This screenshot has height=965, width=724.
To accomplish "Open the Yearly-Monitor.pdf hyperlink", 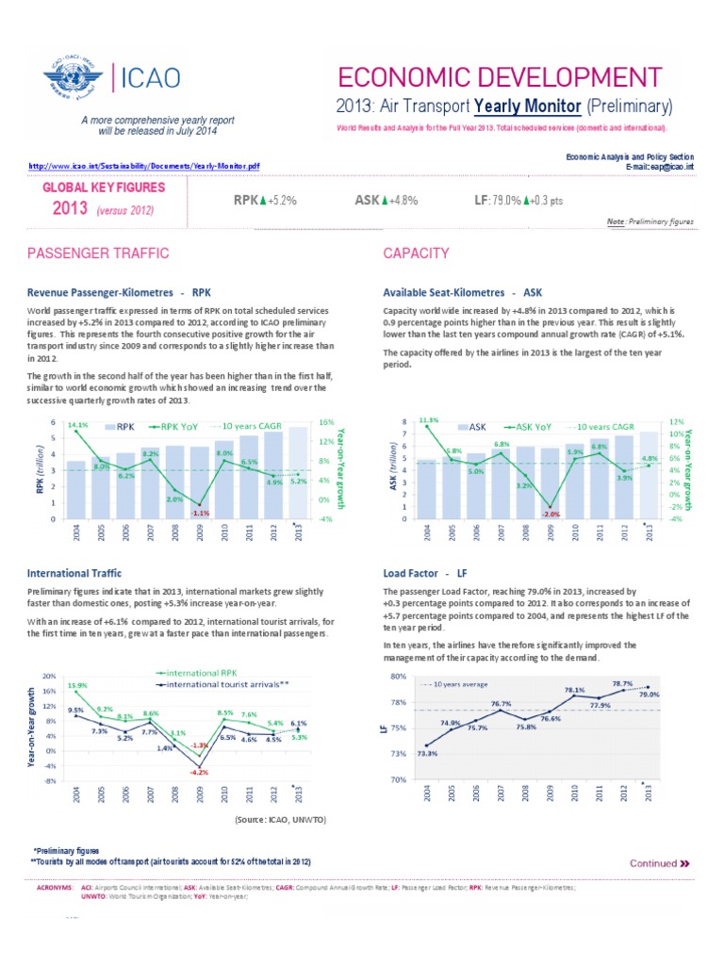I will [144, 166].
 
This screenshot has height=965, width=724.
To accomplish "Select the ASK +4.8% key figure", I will [387, 200].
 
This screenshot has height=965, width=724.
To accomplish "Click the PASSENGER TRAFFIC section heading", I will [98, 254].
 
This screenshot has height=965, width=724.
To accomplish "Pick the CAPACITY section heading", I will [416, 254].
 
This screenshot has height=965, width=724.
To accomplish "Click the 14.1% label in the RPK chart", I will [78, 425].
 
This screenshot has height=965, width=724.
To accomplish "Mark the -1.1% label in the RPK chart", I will [199, 514].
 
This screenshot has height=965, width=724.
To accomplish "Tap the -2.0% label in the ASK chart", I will [551, 514].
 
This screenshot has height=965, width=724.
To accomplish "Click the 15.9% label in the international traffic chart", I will [77, 685].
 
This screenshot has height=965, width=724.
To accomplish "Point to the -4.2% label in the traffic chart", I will [199, 772].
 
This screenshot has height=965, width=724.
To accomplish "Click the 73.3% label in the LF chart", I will [427, 752].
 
